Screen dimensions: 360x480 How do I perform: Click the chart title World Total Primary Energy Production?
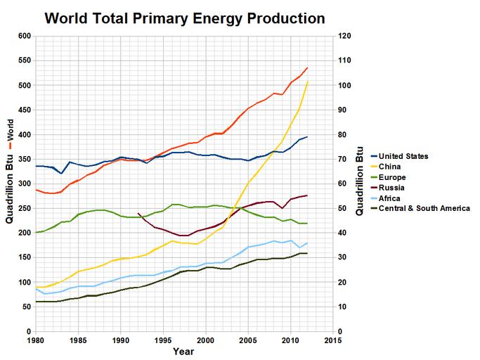(x=185, y=17)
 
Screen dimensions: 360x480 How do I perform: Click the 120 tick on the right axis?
(x=345, y=36)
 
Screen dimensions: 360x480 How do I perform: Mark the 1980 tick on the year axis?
(x=35, y=340)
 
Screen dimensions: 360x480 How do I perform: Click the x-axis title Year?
(x=184, y=351)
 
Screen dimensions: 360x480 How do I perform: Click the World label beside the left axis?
(x=10, y=131)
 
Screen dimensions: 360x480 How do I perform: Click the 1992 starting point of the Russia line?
(x=138, y=213)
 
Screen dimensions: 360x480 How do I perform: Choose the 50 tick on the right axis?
(x=343, y=208)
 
